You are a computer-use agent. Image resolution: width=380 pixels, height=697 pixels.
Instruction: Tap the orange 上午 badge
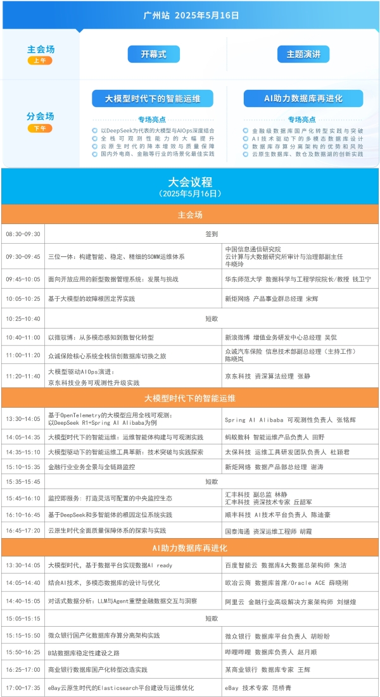tap(40, 61)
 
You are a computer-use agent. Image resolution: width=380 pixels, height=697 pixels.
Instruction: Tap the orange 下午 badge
tap(40, 129)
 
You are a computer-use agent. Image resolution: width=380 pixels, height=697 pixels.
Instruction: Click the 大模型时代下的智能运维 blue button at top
tap(153, 98)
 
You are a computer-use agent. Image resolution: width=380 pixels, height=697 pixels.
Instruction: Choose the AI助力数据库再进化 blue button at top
tap(303, 98)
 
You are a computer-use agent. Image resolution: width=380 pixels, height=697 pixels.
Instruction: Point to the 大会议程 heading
tap(190, 182)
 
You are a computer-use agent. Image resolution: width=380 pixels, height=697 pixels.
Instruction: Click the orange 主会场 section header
tap(190, 215)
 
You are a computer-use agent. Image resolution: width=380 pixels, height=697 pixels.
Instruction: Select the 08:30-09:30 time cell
tap(23, 234)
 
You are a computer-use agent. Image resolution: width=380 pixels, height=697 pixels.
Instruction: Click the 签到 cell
tap(212, 234)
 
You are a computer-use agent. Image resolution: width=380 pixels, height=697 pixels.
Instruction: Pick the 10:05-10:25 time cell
tap(23, 299)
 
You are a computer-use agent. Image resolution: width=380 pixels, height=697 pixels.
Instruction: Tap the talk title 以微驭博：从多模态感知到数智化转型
tap(101, 338)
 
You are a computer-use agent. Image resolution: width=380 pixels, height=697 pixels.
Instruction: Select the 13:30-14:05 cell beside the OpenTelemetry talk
tap(23, 419)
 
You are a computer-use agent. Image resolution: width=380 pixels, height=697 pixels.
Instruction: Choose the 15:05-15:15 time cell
tap(23, 618)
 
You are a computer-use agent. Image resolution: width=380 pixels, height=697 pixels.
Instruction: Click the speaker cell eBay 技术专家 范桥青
tap(259, 688)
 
